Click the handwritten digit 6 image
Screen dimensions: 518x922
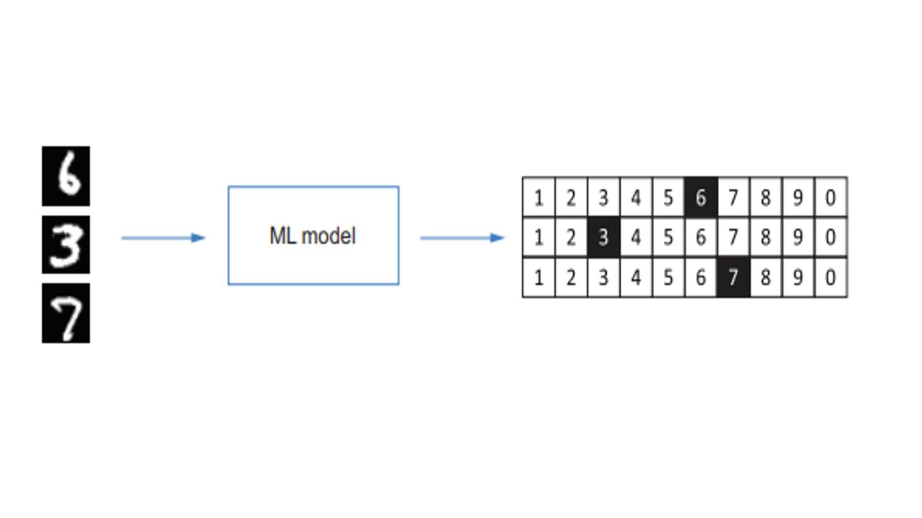tap(66, 176)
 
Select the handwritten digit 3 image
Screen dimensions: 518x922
tap(66, 245)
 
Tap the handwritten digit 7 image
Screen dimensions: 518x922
tap(66, 313)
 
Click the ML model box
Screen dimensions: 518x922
tap(313, 236)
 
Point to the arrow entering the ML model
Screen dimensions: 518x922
tap(163, 238)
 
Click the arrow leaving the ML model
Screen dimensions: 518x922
tap(462, 238)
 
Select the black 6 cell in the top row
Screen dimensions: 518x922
tap(701, 197)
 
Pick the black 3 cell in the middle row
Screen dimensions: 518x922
tap(603, 237)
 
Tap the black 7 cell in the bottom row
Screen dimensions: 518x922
tap(733, 278)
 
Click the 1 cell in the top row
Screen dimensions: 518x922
tap(538, 197)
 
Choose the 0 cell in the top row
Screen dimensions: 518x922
tap(830, 197)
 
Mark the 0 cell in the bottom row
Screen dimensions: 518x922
tap(830, 278)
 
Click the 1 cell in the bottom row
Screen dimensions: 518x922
tap(538, 278)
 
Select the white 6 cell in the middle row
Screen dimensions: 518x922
tap(701, 237)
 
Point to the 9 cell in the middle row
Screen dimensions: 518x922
tap(798, 237)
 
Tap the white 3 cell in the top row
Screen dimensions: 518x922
tap(603, 197)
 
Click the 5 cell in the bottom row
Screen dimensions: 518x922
tap(668, 278)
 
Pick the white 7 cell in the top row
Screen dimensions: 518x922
tap(733, 197)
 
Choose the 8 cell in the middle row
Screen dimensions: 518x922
tap(765, 237)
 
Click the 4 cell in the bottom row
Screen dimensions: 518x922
tap(636, 278)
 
